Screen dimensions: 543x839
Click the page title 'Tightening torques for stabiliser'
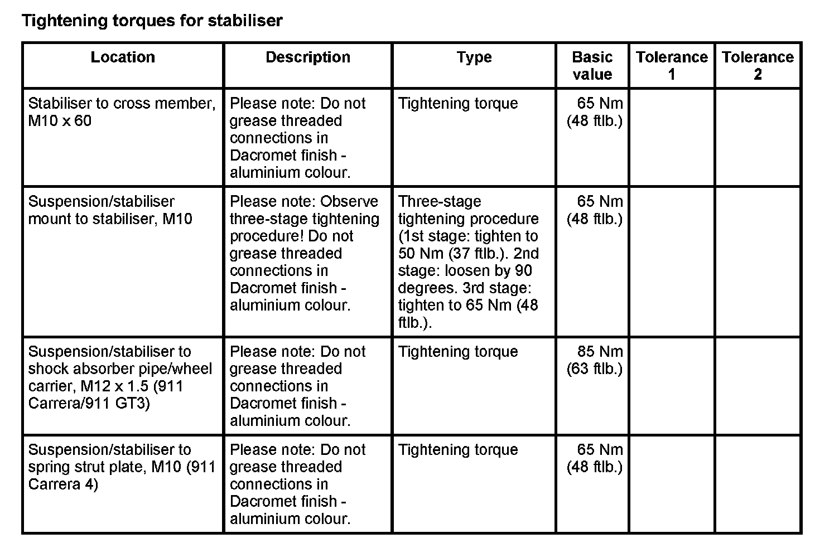coord(152,21)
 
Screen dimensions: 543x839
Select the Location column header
coord(123,57)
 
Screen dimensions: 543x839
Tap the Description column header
coord(308,57)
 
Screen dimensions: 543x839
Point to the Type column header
coord(474,57)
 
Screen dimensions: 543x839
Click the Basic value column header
coord(592,66)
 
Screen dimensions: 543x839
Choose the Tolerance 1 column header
coord(672,66)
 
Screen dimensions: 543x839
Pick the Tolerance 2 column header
coord(758,66)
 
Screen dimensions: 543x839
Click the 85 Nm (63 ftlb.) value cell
coord(595,360)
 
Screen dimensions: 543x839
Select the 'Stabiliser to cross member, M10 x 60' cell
coord(122,112)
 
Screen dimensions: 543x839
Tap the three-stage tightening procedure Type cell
coord(469,261)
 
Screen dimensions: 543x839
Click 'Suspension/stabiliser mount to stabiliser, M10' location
coord(110,210)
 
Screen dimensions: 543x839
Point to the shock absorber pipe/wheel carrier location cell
coord(120,377)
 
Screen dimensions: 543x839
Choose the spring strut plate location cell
coord(122,467)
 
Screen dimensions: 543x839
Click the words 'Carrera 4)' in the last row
coord(63,484)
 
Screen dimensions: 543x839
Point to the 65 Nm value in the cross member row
coord(600,104)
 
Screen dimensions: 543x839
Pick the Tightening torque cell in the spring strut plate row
coord(458,450)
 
